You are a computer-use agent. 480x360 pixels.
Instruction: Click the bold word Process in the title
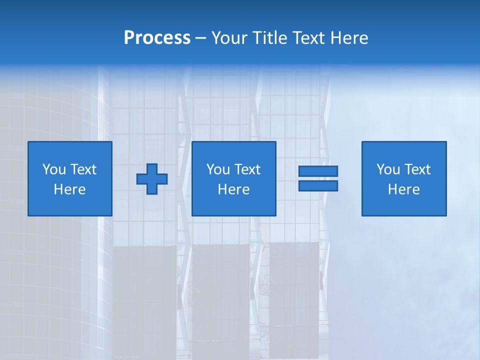[x=157, y=38]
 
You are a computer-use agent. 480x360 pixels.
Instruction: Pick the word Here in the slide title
[x=350, y=38]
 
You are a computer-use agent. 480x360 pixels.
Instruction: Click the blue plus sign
[x=152, y=179]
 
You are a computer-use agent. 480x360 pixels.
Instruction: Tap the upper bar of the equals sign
[x=318, y=171]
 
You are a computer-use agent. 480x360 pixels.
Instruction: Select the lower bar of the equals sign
[x=318, y=185]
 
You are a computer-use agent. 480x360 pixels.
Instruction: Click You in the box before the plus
[x=54, y=169]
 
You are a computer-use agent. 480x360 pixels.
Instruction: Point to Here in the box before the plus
[x=70, y=189]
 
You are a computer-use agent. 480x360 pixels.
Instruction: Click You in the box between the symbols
[x=218, y=169]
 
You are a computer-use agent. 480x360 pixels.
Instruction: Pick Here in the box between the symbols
[x=234, y=189]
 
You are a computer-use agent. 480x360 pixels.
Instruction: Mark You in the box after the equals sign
[x=388, y=169]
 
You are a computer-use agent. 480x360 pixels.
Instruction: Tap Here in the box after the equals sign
[x=404, y=189]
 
